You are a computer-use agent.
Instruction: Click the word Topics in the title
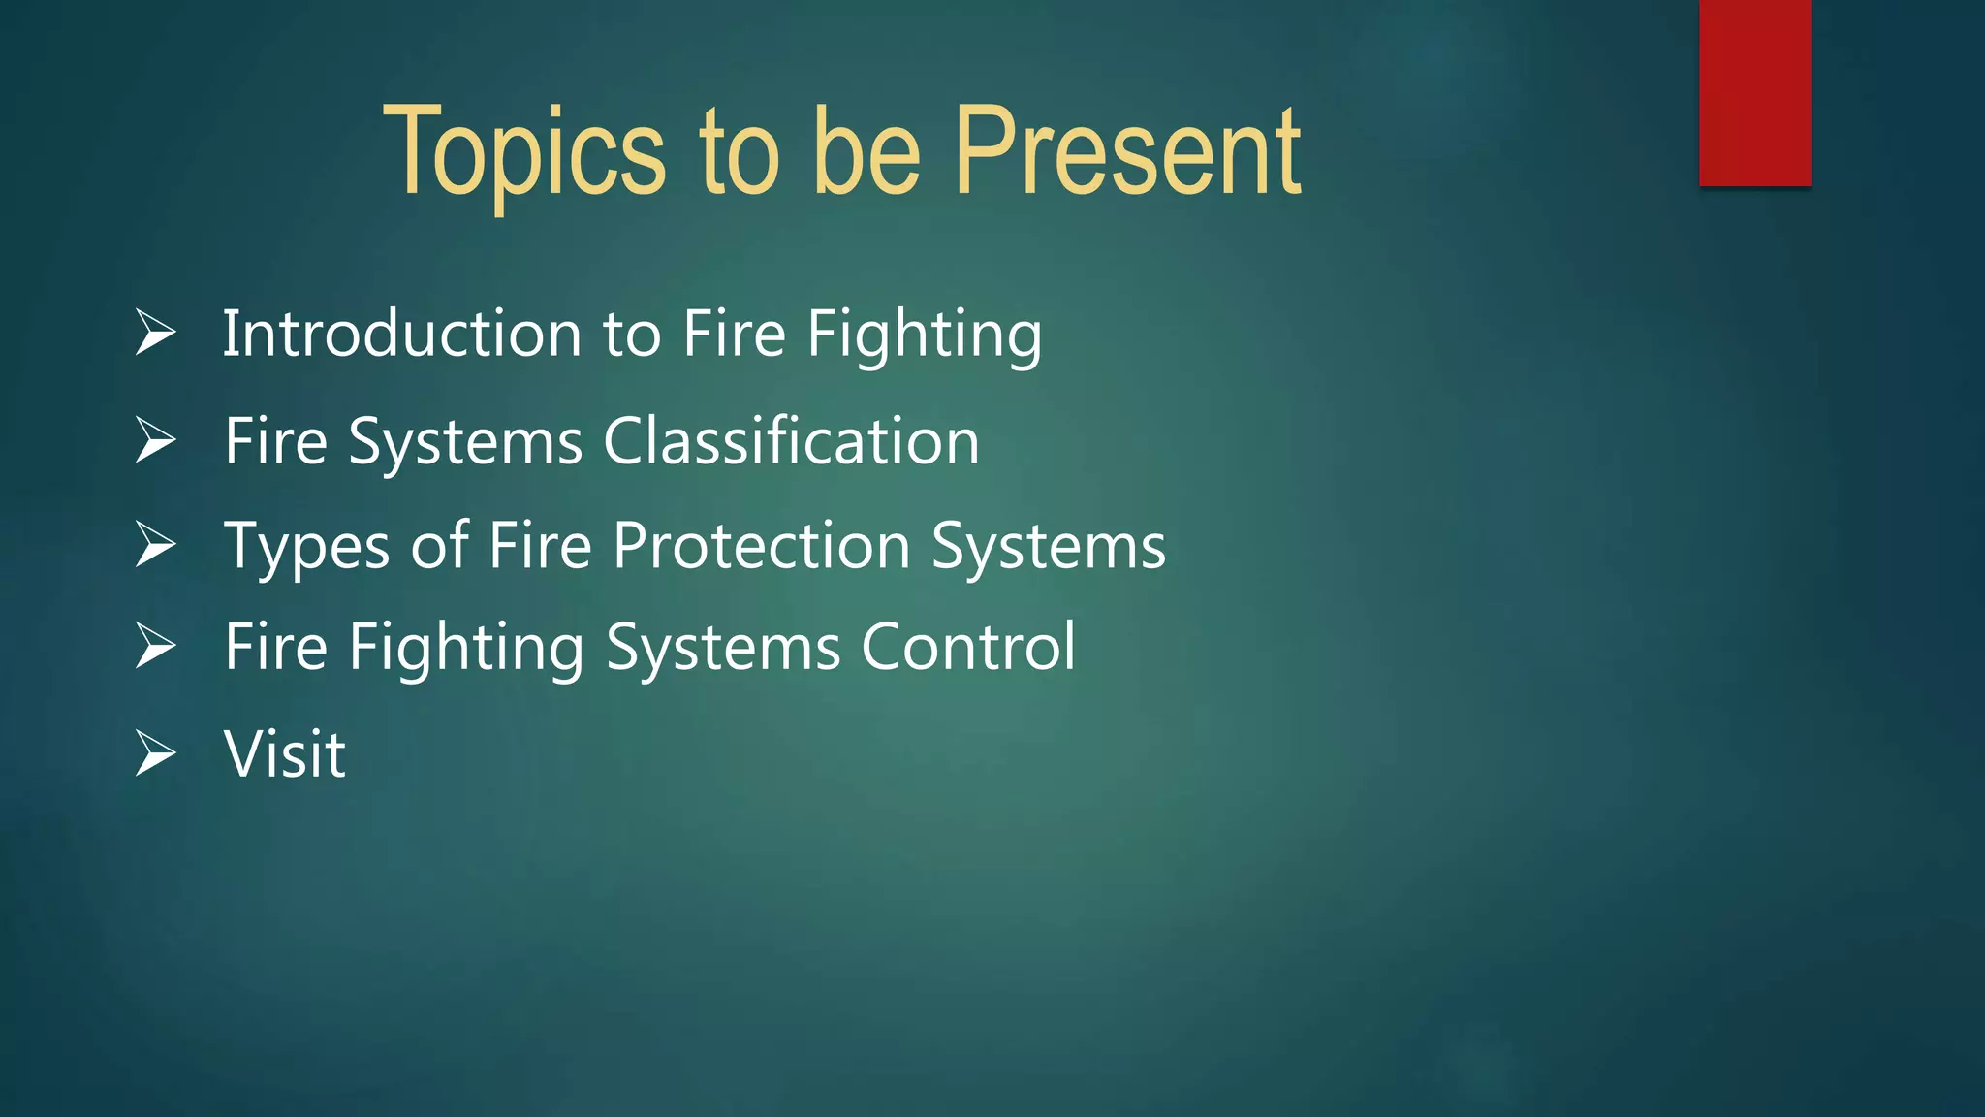[524, 153]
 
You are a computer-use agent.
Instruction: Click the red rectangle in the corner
[1754, 92]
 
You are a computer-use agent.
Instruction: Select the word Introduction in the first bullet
[402, 334]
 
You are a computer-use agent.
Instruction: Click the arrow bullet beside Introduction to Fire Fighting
[155, 333]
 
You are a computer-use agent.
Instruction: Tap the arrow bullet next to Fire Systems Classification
[155, 440]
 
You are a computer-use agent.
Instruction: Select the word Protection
[761, 545]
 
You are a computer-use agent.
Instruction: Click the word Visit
[284, 753]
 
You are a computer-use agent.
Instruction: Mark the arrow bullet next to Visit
[155, 753]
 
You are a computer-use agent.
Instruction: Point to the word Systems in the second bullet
[465, 442]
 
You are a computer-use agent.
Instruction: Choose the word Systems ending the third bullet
[1049, 546]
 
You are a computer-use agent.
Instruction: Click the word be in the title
[866, 153]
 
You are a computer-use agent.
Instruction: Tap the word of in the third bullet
[439, 545]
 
